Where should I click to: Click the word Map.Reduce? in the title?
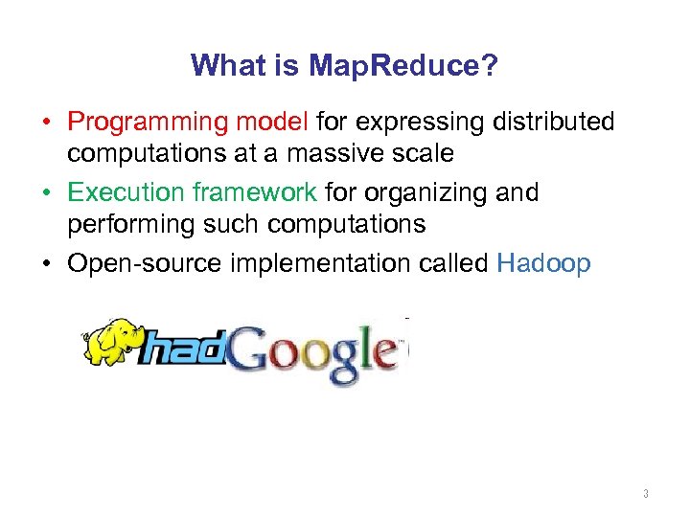click(403, 66)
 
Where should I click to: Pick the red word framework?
click(254, 192)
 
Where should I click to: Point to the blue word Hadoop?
click(544, 263)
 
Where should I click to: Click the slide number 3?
click(646, 494)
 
